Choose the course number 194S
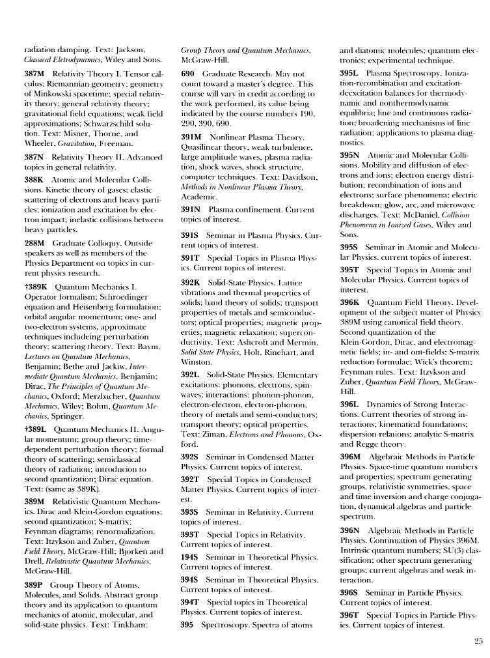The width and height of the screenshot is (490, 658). point(190,557)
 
